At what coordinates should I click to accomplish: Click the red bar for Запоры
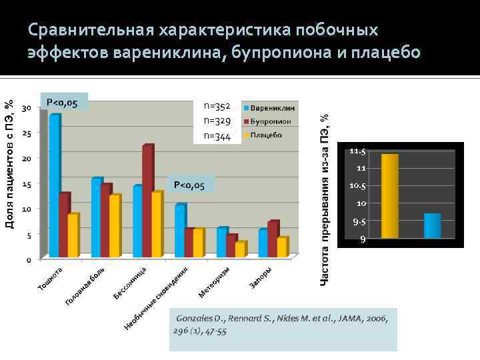273,239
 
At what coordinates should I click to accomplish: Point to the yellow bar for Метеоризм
240,249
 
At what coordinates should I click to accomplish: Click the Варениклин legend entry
273,107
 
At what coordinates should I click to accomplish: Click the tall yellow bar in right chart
390,196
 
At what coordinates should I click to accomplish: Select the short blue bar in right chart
433,226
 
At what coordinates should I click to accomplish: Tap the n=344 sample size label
217,137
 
